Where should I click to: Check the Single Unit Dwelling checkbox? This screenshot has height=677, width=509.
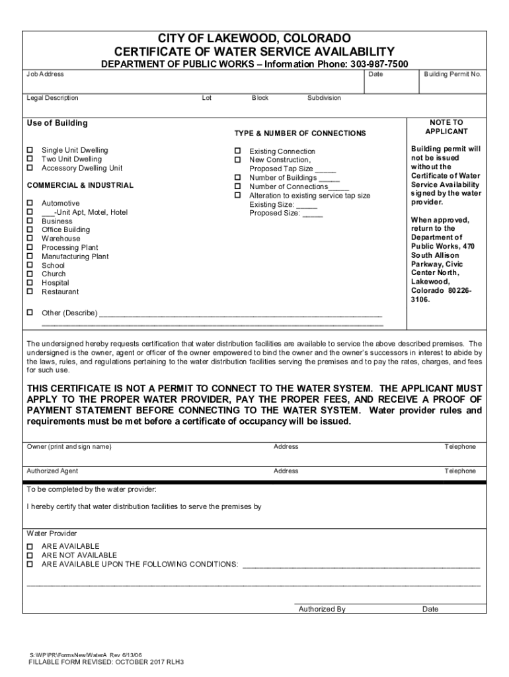click(29, 151)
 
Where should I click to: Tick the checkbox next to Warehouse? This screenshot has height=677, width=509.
click(29, 239)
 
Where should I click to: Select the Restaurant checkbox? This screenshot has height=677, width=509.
click(29, 292)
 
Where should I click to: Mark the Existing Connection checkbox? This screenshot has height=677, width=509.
click(237, 151)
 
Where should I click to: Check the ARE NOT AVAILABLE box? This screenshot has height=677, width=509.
click(29, 555)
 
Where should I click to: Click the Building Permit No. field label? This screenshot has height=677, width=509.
click(452, 75)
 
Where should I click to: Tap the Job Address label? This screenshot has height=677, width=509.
click(45, 75)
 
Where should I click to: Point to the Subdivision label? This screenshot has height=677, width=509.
click(324, 98)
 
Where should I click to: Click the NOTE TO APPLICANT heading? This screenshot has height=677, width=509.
click(447, 127)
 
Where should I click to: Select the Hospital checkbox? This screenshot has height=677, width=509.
click(29, 283)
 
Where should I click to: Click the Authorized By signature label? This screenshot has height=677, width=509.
click(322, 609)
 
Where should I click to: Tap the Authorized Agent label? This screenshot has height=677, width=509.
click(52, 471)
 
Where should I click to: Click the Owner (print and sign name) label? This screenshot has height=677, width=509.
click(69, 447)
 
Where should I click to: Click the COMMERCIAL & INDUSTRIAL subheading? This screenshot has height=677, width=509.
click(79, 186)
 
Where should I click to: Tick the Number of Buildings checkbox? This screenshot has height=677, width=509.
click(237, 178)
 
